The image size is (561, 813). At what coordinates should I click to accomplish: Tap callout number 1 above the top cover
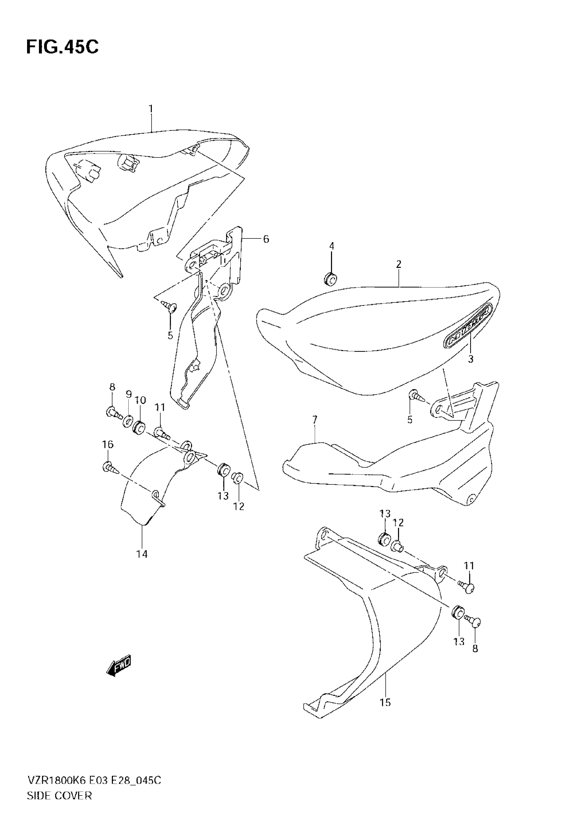151,109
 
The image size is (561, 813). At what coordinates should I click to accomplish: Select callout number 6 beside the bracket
266,239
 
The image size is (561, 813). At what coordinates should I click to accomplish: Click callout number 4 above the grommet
331,246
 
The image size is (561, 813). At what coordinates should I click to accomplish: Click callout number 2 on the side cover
399,264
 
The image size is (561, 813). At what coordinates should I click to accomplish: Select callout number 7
314,419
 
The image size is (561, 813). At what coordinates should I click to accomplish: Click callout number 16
108,444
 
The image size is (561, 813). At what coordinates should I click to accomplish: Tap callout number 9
129,395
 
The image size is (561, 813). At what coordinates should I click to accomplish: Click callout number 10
140,400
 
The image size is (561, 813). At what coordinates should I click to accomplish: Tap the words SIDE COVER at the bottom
59,796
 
